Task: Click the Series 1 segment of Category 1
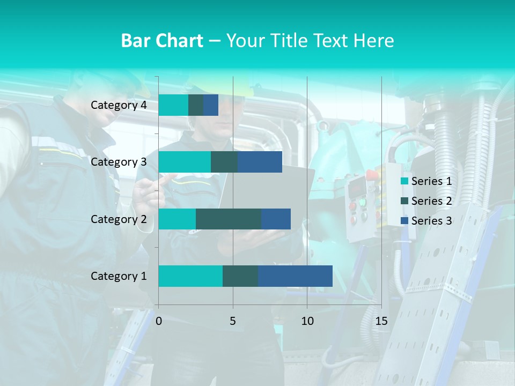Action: point(190,276)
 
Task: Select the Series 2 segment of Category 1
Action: point(240,276)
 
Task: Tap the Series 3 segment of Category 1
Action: point(295,276)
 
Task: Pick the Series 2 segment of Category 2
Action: point(229,219)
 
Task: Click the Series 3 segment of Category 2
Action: point(276,219)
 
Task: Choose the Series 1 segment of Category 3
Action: point(185,162)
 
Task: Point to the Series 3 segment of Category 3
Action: point(260,162)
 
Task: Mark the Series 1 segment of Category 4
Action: point(173,105)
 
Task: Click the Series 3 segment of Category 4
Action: point(211,105)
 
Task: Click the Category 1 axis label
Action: point(119,276)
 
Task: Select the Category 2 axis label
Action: point(119,219)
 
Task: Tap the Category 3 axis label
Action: point(119,162)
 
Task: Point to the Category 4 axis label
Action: point(119,105)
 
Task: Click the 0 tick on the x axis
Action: point(159,321)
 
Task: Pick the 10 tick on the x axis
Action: point(307,321)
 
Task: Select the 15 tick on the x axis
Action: point(381,321)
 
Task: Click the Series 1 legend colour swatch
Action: point(404,181)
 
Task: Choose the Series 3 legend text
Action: point(431,221)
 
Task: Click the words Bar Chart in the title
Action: point(162,41)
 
